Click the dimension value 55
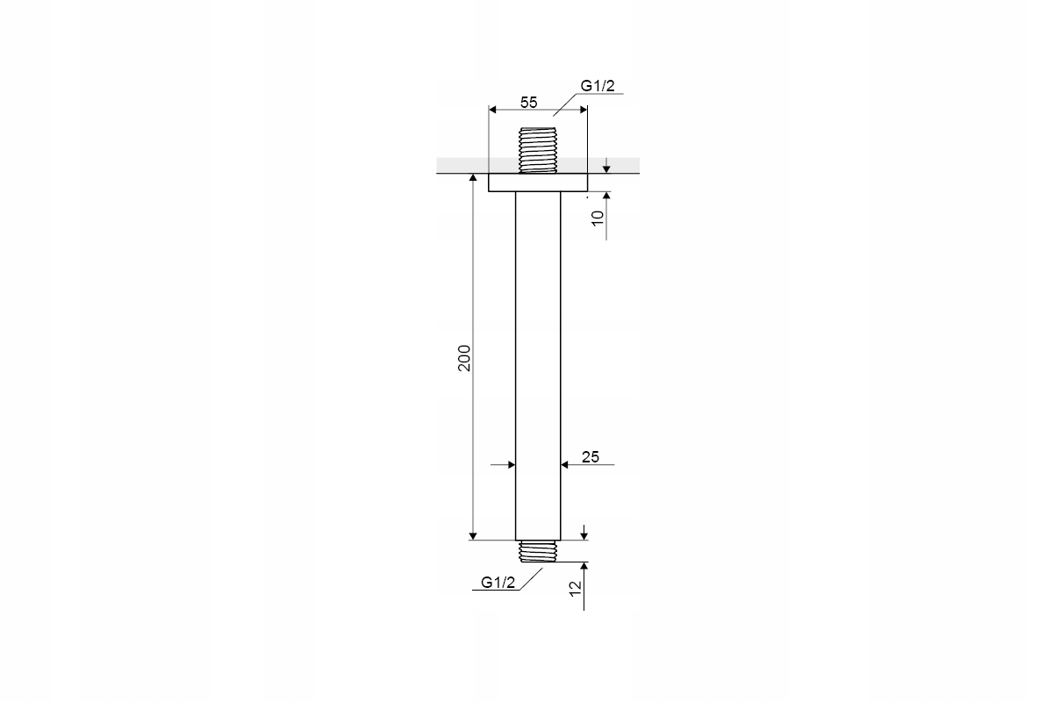click(528, 102)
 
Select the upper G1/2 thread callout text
click(598, 86)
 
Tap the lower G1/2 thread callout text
click(498, 583)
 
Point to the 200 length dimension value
click(464, 358)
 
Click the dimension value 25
click(591, 456)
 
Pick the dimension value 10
click(597, 218)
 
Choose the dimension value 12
click(576, 589)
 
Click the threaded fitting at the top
click(538, 150)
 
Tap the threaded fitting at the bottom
click(538, 551)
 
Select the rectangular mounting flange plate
click(538, 183)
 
